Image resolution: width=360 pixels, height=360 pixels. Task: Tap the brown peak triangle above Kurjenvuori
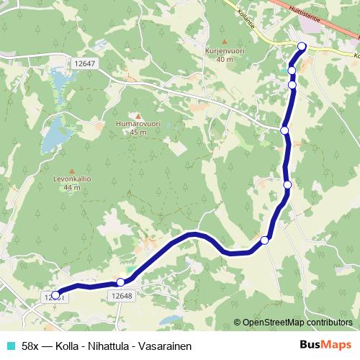[225, 42]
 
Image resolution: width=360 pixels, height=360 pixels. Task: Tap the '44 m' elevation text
[70, 187]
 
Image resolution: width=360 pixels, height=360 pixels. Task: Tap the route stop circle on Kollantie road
[302, 47]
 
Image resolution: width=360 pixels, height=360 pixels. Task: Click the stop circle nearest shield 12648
[120, 282]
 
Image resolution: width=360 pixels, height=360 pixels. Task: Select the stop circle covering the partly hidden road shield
[55, 294]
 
